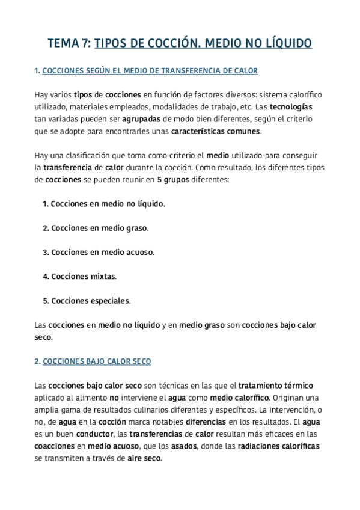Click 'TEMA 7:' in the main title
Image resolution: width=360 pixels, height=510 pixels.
tap(69, 43)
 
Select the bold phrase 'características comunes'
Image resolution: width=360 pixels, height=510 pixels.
tap(216, 131)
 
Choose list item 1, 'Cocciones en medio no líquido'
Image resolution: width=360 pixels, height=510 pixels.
tap(103, 204)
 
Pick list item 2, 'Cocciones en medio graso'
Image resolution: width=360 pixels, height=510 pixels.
tap(96, 228)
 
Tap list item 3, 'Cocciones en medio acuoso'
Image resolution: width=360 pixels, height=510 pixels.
tap(98, 252)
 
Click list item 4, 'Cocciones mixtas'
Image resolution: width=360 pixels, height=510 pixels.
tap(79, 276)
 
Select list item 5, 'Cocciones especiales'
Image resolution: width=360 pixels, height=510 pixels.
tap(86, 300)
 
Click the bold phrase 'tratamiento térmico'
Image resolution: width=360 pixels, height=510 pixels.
tap(275, 385)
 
